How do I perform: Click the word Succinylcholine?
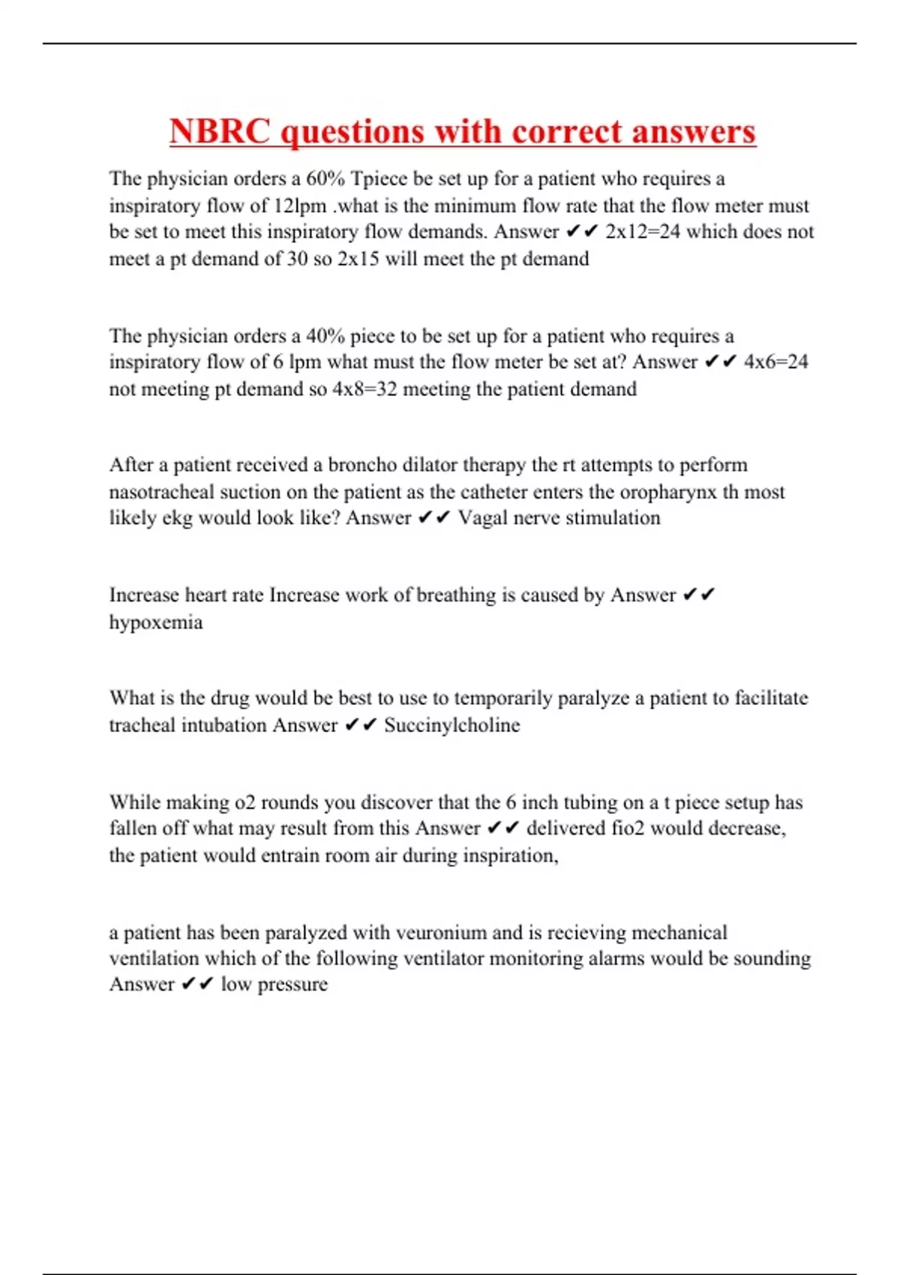pyautogui.click(x=451, y=725)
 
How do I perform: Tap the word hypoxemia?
pyautogui.click(x=156, y=622)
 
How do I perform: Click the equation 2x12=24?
pyautogui.click(x=643, y=232)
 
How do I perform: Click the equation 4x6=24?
pyautogui.click(x=775, y=362)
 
